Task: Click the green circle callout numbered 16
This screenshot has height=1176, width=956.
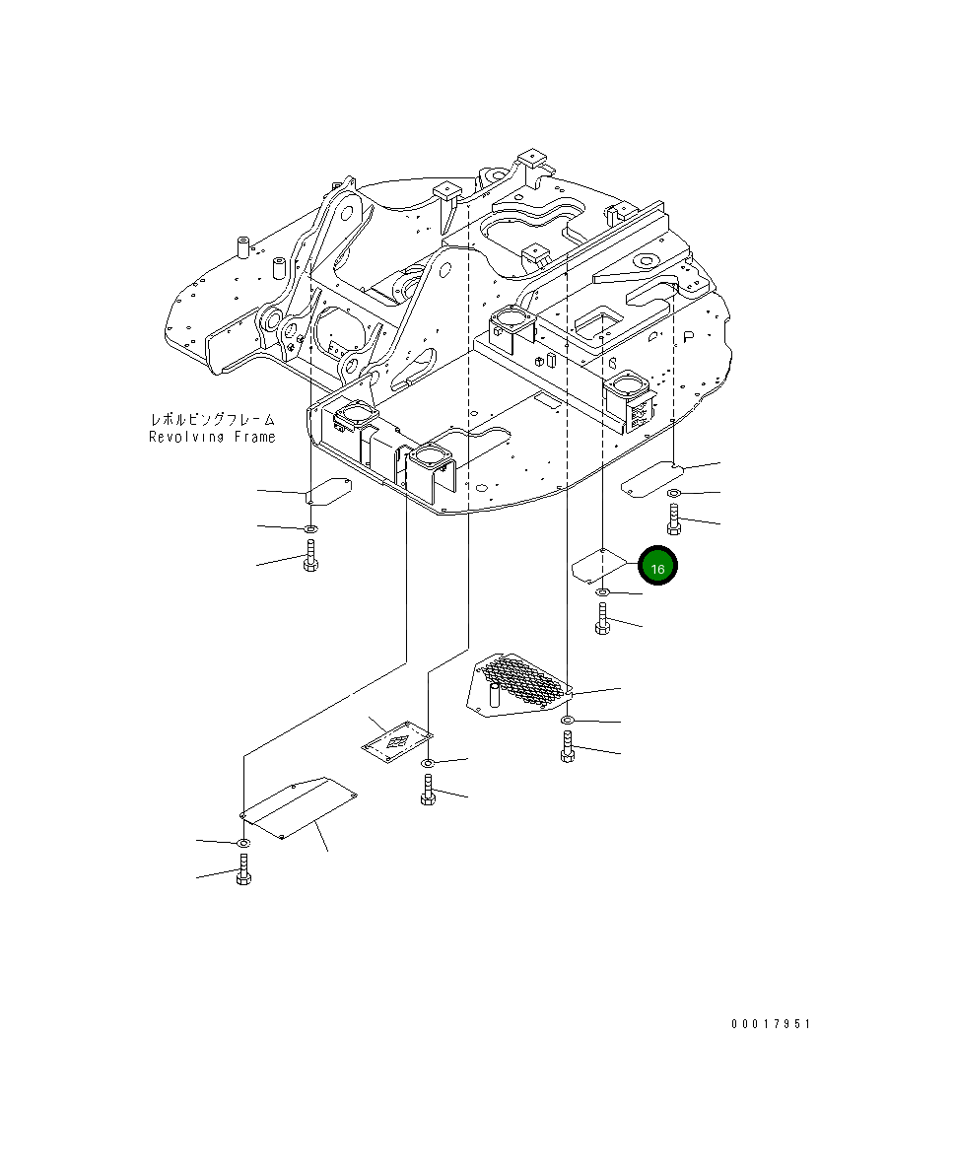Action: [658, 567]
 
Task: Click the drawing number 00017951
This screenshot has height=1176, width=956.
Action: [770, 1025]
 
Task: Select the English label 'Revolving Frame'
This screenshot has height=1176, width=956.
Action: [212, 437]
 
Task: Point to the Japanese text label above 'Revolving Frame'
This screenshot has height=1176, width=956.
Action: [212, 420]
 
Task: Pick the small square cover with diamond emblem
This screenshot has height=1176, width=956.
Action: [397, 740]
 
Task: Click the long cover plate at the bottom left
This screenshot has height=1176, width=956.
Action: [299, 807]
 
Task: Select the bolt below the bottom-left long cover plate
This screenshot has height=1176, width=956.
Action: [243, 870]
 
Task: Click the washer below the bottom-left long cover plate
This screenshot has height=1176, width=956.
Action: [242, 844]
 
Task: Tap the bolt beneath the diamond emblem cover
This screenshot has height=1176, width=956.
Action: [428, 790]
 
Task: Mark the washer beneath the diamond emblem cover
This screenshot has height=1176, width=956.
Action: [428, 764]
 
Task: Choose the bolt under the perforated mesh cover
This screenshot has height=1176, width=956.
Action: [568, 746]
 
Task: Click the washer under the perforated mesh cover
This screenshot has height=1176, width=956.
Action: [568, 723]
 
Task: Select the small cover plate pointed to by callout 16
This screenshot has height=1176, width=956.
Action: [597, 565]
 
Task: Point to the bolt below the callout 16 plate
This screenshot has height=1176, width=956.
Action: [603, 621]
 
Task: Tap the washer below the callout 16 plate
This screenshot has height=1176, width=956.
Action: [603, 591]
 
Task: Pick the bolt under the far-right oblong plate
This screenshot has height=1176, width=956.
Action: [674, 519]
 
